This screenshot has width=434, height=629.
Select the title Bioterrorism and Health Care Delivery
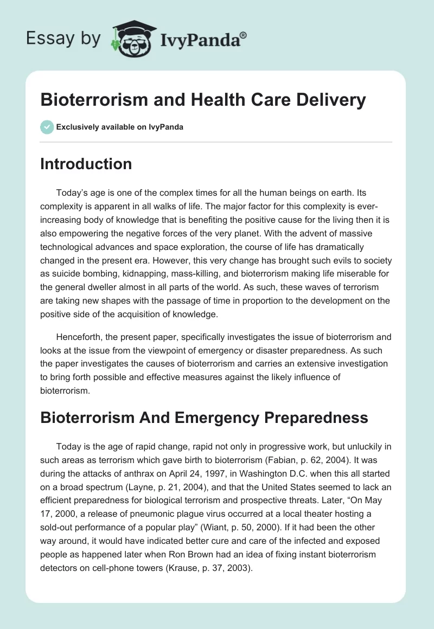coord(203,100)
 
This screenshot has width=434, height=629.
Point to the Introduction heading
coord(86,164)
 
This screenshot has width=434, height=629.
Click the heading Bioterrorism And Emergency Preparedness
coord(204,418)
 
